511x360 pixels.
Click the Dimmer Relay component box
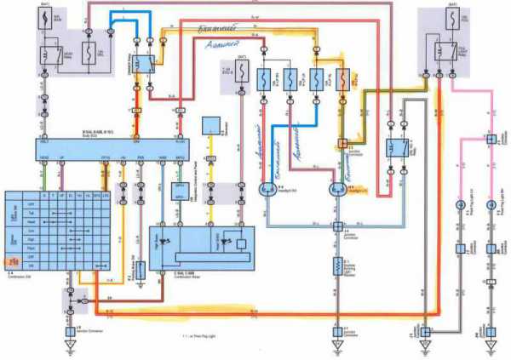coord(146,61)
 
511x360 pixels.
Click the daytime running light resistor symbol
coord(336,271)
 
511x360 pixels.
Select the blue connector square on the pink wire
coord(491,138)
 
